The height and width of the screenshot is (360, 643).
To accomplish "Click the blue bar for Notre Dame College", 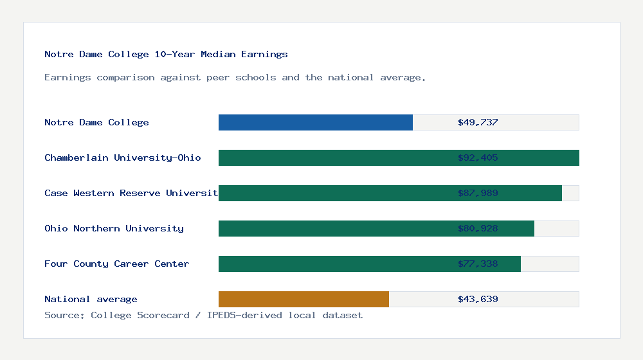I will tap(315, 122).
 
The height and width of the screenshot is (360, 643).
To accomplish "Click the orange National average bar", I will tap(303, 299).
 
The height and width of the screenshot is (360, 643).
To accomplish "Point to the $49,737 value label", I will tap(478, 122).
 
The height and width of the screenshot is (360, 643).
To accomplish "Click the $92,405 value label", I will tap(478, 157).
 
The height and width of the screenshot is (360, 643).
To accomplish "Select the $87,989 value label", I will tap(478, 193).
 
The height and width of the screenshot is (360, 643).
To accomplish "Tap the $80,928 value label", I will tap(478, 228).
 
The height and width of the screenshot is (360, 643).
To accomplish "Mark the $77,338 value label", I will tap(478, 264).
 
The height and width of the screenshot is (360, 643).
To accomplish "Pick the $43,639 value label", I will tap(478, 299).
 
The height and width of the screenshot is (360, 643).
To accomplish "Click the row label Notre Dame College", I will tap(96, 122).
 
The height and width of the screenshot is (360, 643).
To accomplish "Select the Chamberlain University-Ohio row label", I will tap(123, 157).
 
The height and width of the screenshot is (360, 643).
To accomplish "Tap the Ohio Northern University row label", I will tap(114, 228).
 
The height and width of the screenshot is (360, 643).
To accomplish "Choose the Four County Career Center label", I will tap(116, 264).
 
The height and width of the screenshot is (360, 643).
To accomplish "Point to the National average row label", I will tap(91, 299).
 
